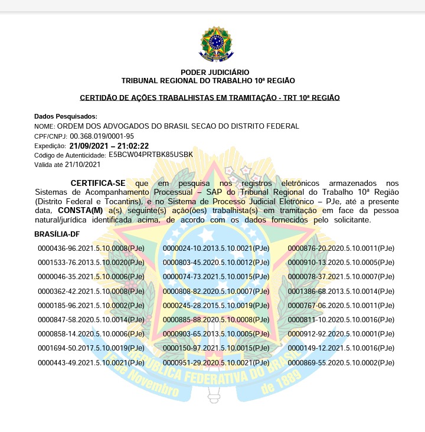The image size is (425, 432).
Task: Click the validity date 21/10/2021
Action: (83, 164)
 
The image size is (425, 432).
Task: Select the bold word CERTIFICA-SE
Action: (98, 184)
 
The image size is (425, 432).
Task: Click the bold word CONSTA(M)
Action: (80, 210)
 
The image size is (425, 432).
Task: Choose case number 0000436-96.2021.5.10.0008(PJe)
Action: (91, 248)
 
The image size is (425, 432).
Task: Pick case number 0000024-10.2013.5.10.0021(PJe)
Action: (216, 248)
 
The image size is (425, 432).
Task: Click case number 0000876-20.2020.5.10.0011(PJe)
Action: (341, 248)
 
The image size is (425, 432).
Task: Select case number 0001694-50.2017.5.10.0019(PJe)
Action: (91, 348)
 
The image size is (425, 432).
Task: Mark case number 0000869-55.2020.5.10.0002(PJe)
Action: (341, 362)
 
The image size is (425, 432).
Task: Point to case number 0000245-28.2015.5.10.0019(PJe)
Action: (216, 305)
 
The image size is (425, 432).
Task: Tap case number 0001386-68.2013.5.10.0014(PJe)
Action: (341, 291)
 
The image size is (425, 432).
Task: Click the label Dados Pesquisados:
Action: (66, 116)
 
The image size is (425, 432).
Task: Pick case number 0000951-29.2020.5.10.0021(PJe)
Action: (216, 362)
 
